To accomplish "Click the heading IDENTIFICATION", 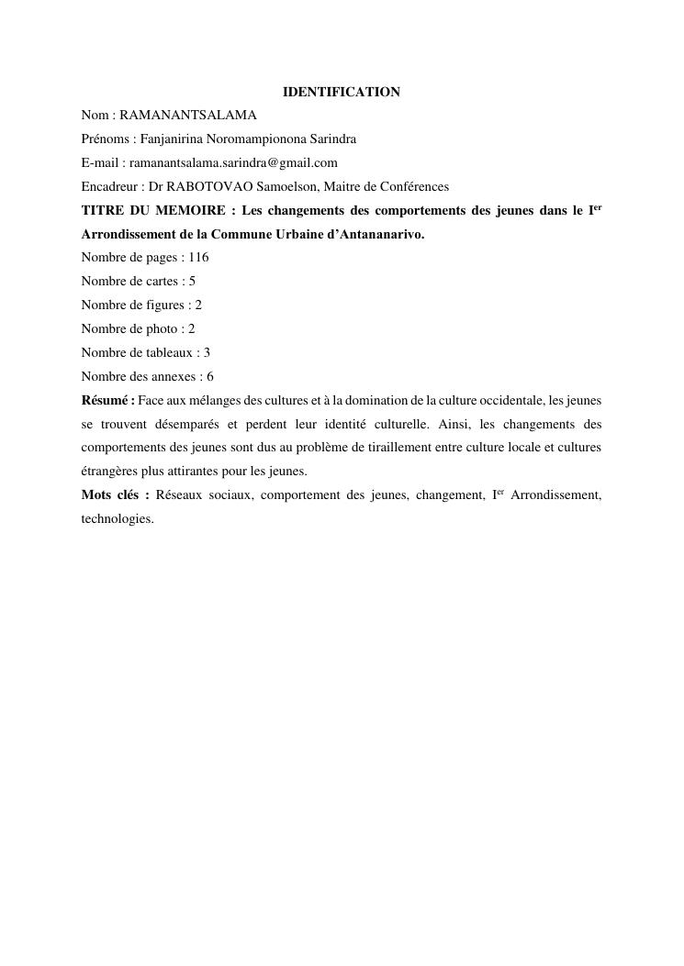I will [x=341, y=92].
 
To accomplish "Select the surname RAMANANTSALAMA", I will [x=187, y=116].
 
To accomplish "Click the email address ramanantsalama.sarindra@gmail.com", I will [x=233, y=163].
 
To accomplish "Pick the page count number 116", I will [x=198, y=258].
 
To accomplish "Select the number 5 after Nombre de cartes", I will [x=192, y=282].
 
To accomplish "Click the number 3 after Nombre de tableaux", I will [x=207, y=352].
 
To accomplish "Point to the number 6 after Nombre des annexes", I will [x=210, y=376].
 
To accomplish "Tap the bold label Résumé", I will [x=107, y=400].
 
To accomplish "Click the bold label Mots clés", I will [x=114, y=495].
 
